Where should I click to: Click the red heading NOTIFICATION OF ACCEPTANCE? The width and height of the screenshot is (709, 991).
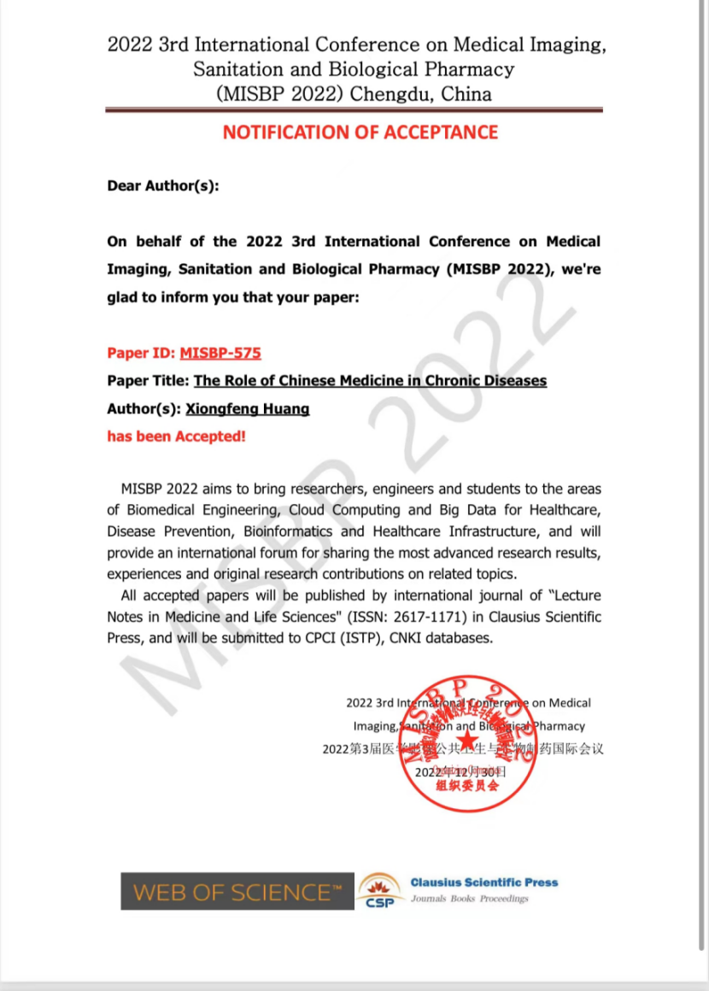[360, 132]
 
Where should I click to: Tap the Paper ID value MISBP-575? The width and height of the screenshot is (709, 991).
[220, 353]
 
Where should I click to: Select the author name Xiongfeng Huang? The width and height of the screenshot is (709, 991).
[247, 409]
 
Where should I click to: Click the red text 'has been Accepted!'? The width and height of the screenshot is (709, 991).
[176, 437]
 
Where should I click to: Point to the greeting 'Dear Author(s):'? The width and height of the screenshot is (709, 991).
[163, 185]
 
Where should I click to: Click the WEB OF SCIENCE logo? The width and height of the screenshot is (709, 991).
[237, 892]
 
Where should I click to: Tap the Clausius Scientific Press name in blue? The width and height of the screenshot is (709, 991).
[483, 883]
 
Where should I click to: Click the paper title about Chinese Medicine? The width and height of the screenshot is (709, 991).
[371, 381]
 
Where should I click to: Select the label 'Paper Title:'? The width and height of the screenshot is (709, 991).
[148, 381]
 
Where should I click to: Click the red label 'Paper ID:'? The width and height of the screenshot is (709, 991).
[141, 353]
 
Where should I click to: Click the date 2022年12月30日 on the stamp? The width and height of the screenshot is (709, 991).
[460, 771]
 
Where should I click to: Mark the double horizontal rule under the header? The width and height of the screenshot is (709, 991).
[354, 110]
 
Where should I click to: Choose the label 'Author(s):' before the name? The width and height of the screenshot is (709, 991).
[144, 409]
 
